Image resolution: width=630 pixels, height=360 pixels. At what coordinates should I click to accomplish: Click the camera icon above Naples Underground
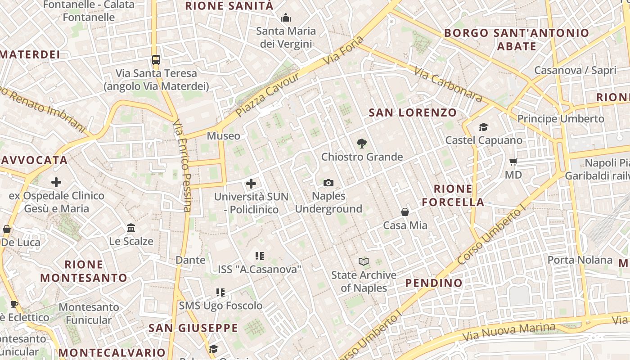tap(328, 183)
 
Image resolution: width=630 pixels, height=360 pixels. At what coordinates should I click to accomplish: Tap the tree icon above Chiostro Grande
tap(361, 144)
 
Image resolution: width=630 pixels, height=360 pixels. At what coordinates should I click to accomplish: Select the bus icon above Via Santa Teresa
tap(156, 59)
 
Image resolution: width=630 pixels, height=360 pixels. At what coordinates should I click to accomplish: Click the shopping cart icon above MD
tap(513, 162)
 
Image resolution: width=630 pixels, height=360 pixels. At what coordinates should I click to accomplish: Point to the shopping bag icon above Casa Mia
tap(405, 212)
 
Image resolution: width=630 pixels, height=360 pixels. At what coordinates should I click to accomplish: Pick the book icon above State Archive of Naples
tap(364, 261)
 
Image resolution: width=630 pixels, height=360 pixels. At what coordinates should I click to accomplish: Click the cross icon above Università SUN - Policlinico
tap(251, 183)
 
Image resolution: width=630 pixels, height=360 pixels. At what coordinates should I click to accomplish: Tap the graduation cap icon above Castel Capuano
tap(483, 127)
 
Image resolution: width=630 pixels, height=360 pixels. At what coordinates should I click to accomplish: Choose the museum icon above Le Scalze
tap(131, 228)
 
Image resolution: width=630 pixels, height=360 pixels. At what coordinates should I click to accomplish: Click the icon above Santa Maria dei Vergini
tap(286, 18)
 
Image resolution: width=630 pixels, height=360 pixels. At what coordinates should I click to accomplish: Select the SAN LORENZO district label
tap(413, 112)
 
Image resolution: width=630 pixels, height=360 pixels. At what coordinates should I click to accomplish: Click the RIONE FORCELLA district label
tap(453, 195)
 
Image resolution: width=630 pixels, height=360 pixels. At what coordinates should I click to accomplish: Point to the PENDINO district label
tap(434, 283)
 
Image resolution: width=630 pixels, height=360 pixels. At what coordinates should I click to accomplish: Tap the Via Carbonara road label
tap(448, 85)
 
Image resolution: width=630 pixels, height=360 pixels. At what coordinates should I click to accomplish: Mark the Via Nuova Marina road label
tap(509, 332)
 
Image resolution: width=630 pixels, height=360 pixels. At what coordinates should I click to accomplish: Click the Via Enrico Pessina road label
tap(182, 166)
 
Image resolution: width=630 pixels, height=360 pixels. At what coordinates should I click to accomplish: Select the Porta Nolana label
tap(580, 260)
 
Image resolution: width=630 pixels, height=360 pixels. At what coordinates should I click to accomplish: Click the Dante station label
tap(190, 260)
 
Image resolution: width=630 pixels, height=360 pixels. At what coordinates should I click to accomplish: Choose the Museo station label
tap(223, 135)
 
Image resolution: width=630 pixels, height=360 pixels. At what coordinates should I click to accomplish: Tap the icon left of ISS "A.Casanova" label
tap(260, 256)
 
